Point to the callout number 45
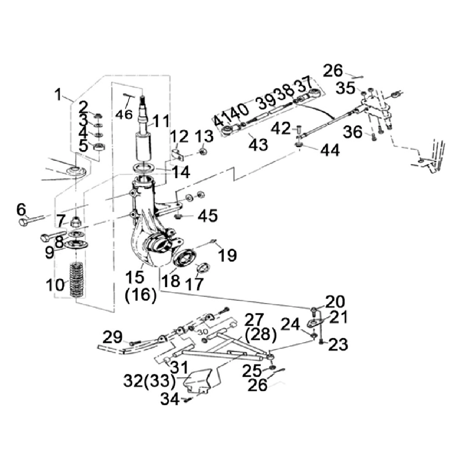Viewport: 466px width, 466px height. pos(208,215)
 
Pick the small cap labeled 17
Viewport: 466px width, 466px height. pos(203,267)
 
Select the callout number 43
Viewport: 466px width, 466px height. pos(258,145)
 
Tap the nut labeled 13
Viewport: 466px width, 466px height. pos(203,152)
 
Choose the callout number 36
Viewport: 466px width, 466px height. pos(353,132)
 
